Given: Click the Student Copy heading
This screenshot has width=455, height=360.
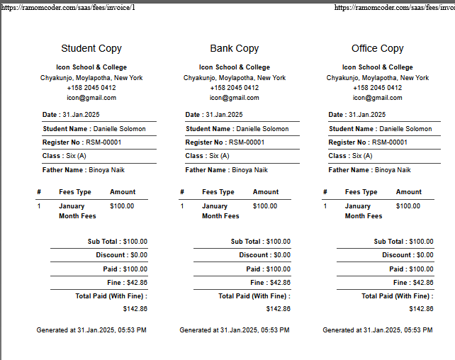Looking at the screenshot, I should [91, 49].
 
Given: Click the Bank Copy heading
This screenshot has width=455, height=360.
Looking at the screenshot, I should [235, 49].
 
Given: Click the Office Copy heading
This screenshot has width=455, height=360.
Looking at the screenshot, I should [377, 49].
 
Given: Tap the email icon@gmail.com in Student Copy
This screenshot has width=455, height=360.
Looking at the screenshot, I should [91, 98].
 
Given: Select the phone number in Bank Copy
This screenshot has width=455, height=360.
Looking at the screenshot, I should [235, 88].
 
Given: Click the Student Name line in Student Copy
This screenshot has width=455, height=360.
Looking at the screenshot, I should [94, 129].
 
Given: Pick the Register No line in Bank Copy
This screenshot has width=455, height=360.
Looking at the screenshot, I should [225, 142].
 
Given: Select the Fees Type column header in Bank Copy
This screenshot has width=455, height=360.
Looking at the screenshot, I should [218, 192].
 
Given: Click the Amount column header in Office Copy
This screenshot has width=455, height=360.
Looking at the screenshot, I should [408, 192].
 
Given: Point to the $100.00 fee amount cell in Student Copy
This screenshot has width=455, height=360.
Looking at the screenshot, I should [122, 206].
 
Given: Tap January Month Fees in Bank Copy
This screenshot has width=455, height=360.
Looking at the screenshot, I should [220, 211].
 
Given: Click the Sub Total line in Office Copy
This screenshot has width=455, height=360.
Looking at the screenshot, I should [403, 242].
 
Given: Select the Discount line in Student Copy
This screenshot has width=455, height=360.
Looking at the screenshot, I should [122, 255].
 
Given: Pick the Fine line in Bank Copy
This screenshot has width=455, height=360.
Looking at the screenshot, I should [271, 283].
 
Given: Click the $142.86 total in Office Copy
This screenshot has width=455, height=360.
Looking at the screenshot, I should [421, 309].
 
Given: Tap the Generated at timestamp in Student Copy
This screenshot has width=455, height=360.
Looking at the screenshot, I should [91, 330].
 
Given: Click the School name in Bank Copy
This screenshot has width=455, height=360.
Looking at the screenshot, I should [235, 68].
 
